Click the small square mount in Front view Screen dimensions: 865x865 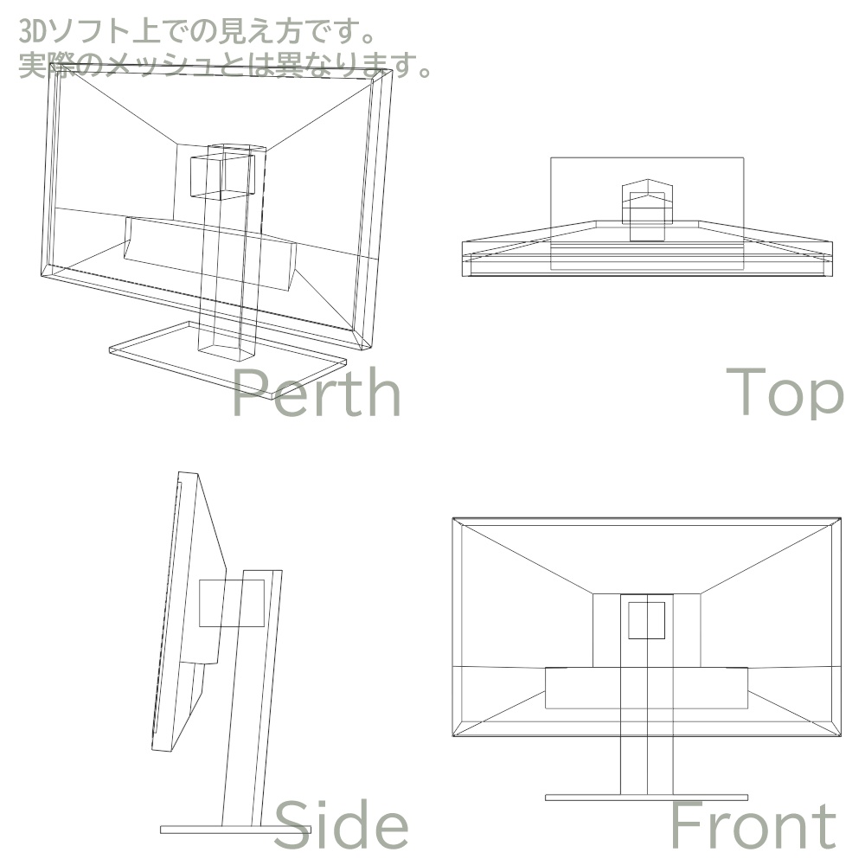[x=646, y=620]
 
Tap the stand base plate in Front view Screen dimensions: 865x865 [x=646, y=797]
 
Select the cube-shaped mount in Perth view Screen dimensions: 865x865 [x=221, y=173]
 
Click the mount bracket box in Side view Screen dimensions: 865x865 [x=232, y=603]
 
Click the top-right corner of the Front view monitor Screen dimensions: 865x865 [x=840, y=519]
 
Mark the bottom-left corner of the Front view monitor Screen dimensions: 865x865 [x=454, y=736]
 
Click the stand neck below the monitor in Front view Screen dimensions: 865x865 [x=646, y=766]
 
